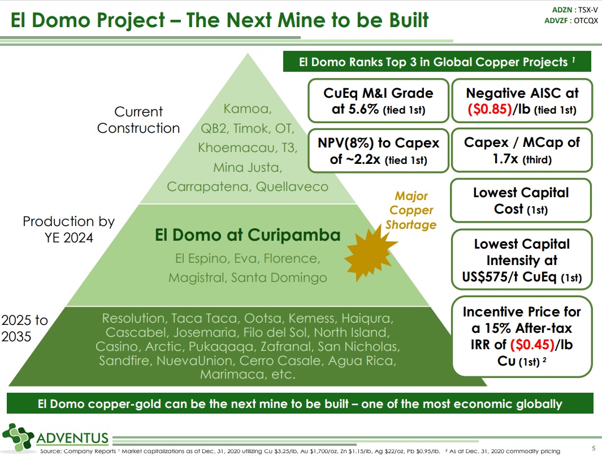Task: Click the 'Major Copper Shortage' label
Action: [x=411, y=211]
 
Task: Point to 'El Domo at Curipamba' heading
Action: [x=248, y=234]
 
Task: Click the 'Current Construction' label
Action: [x=138, y=120]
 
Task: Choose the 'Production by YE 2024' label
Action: [x=68, y=229]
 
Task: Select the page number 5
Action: [x=593, y=448]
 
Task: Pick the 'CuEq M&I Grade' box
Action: [x=378, y=101]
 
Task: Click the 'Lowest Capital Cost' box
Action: [x=521, y=201]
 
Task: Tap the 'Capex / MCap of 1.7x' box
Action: [x=521, y=150]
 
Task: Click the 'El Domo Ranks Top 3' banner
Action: [x=437, y=62]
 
